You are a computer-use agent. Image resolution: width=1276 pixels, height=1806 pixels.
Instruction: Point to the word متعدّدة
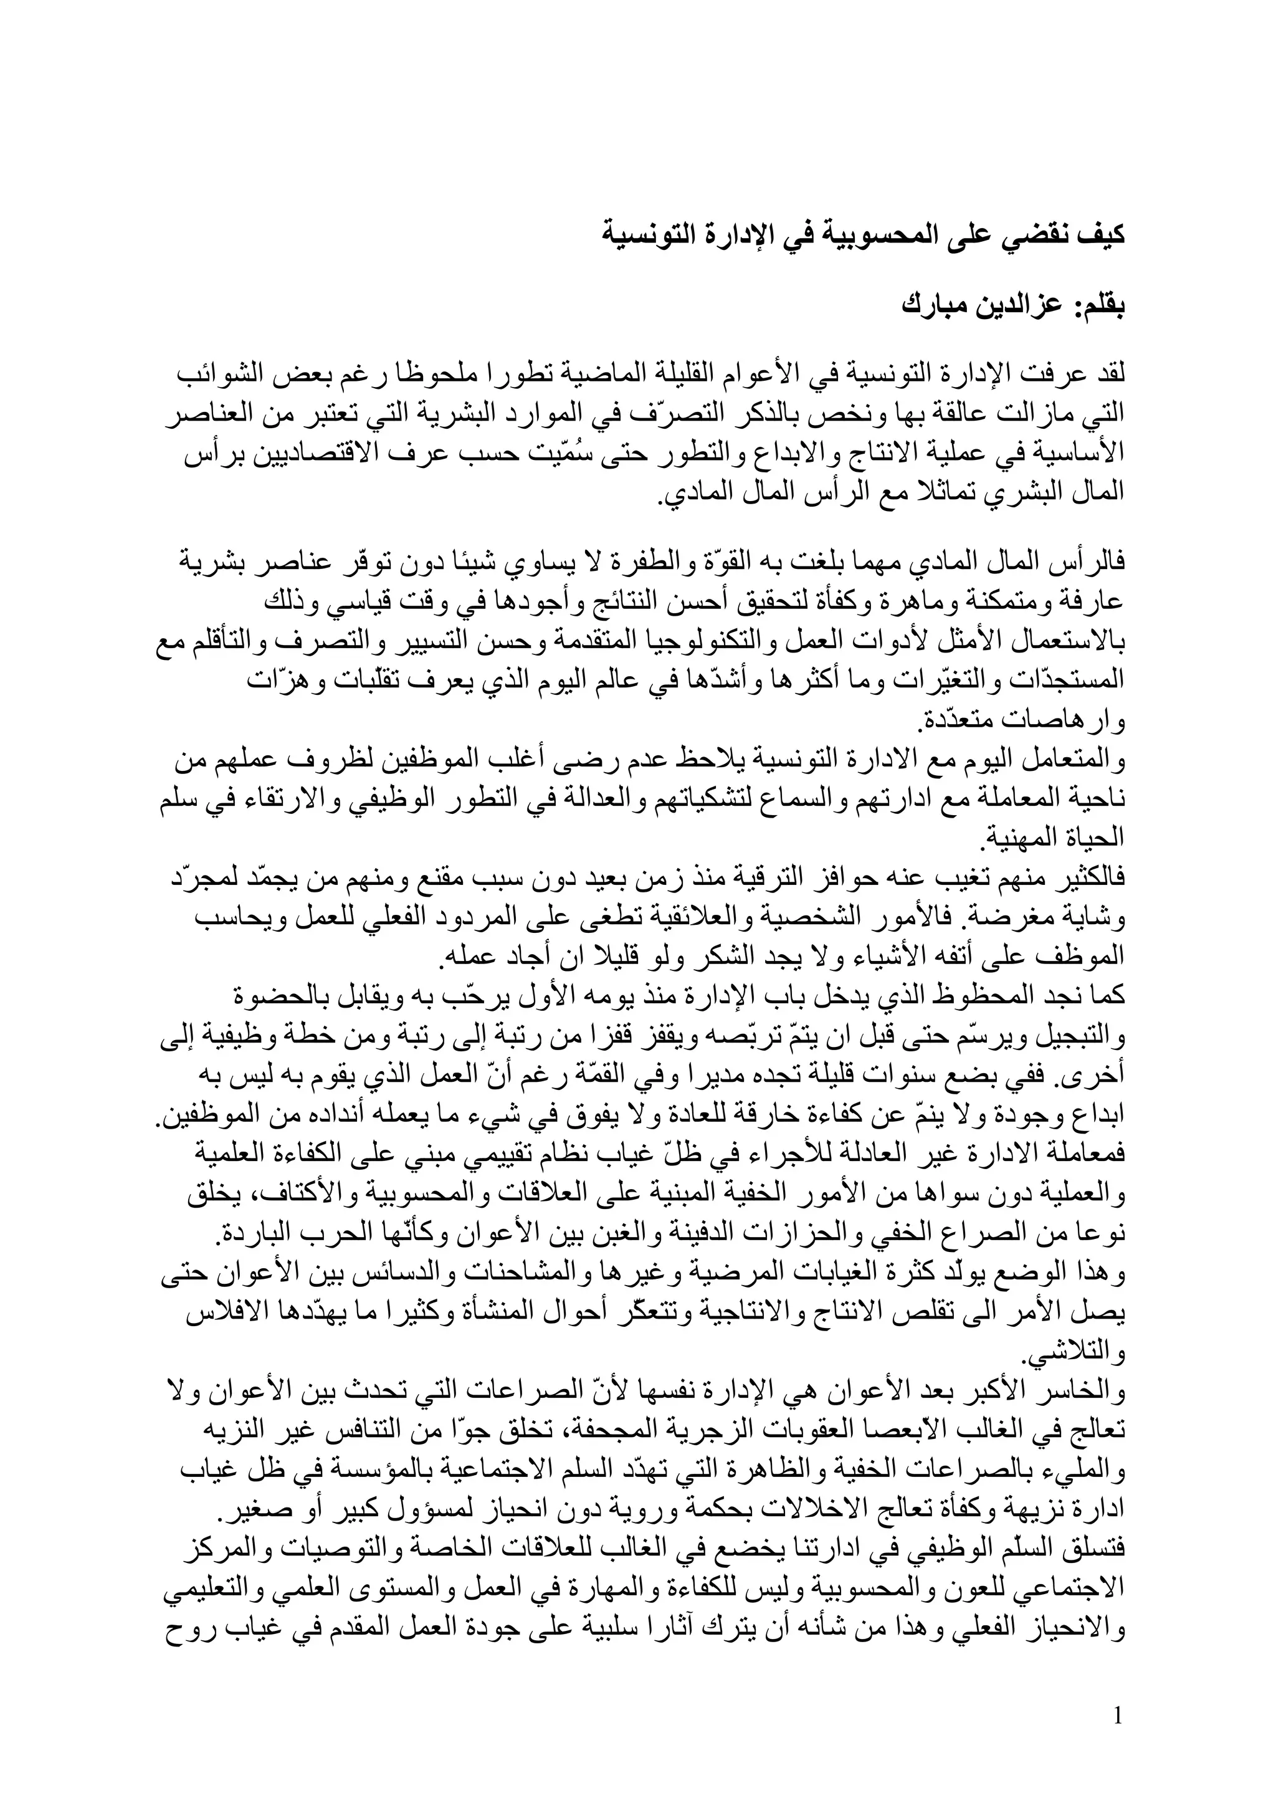952,720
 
